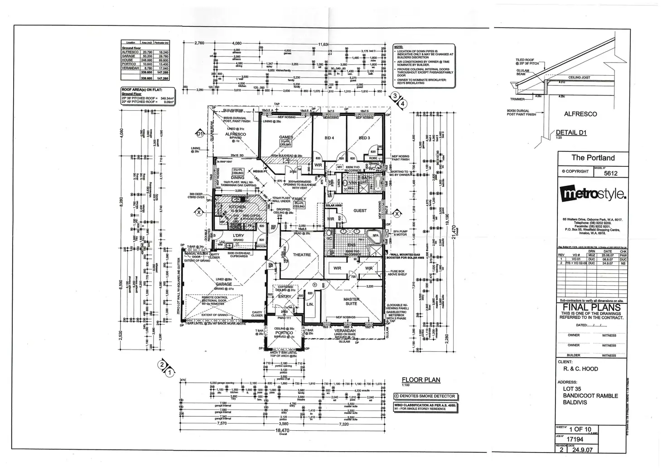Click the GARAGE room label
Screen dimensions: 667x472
(x=224, y=284)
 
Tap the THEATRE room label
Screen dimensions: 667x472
(x=302, y=255)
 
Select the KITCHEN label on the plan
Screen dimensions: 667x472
(x=237, y=206)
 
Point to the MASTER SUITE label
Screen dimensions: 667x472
(x=351, y=301)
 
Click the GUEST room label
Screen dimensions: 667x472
(x=360, y=210)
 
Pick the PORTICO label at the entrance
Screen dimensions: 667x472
(x=284, y=333)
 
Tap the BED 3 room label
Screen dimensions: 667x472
(x=364, y=138)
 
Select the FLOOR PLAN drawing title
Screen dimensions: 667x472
(x=421, y=380)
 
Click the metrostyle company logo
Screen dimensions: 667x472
(x=593, y=193)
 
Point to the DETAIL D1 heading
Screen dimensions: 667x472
(x=571, y=132)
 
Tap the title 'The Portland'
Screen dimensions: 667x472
(x=593, y=158)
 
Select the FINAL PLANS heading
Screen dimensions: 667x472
(x=592, y=308)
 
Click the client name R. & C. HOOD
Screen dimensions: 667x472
(x=577, y=369)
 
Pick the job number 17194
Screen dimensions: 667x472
(x=576, y=439)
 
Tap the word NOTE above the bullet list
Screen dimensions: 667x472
(x=398, y=47)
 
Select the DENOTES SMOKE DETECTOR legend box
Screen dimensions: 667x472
(x=425, y=396)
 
